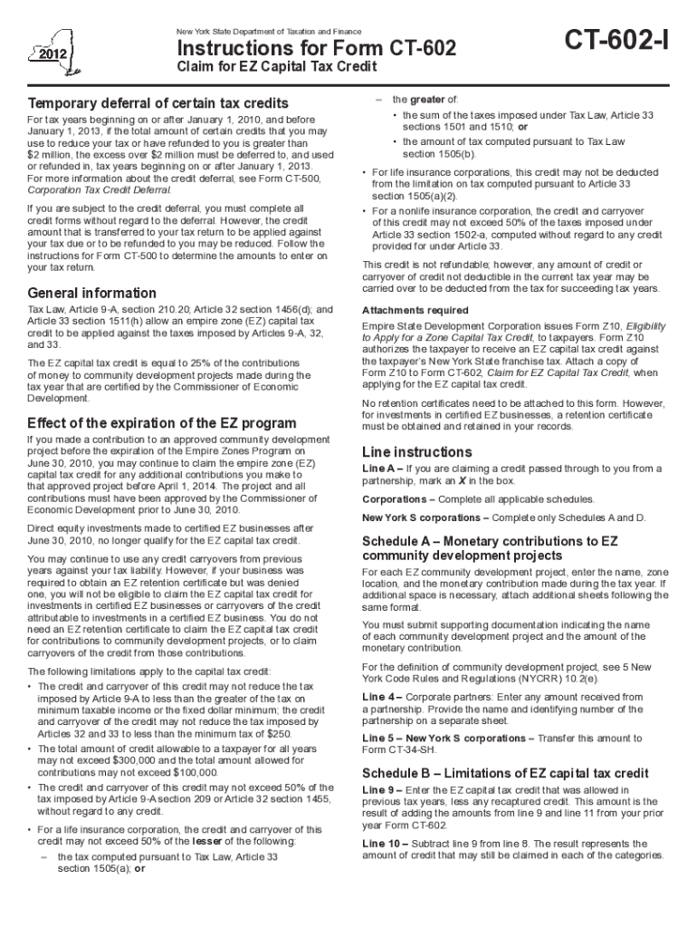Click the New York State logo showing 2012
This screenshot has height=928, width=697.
(51, 49)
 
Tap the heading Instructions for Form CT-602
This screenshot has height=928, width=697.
(316, 49)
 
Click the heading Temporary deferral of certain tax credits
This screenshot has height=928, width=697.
(158, 103)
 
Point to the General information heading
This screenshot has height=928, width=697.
(92, 294)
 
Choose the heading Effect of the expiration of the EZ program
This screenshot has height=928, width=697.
(162, 423)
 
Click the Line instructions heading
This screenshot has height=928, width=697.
(416, 451)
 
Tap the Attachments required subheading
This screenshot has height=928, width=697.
(415, 310)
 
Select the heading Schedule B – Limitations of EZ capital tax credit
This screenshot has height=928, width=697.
(505, 773)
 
